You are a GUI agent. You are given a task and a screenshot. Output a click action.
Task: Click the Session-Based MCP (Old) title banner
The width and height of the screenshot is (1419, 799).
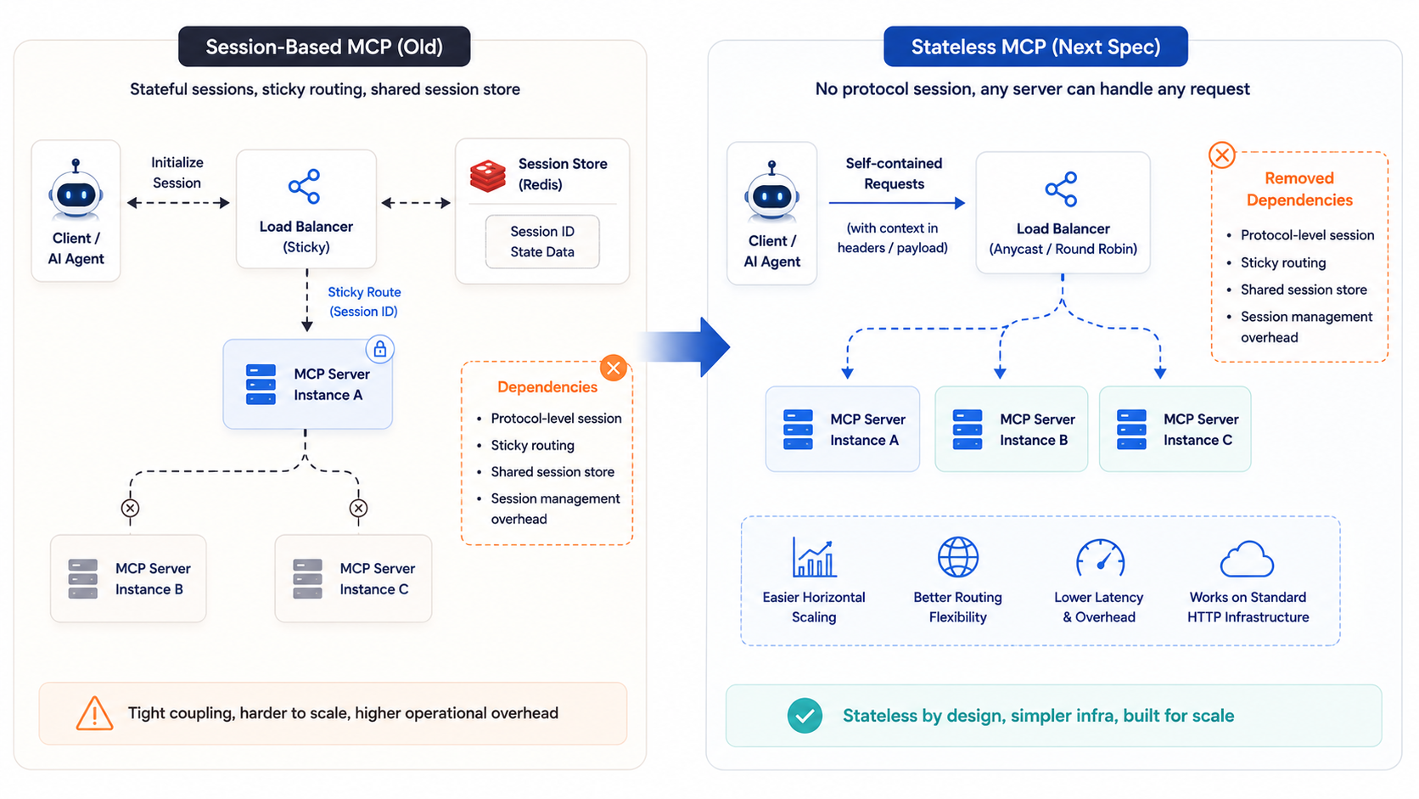(324, 46)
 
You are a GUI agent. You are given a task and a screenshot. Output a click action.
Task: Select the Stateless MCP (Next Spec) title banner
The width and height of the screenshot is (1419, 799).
(1035, 46)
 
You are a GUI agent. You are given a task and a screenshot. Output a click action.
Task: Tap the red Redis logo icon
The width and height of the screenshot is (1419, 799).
(488, 176)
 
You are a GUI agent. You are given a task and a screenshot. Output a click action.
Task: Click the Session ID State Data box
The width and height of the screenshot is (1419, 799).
(542, 241)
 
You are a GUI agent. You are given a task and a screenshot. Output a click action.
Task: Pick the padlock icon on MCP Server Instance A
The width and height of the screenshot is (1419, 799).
(380, 348)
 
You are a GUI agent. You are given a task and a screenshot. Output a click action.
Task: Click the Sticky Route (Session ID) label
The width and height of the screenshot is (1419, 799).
(364, 301)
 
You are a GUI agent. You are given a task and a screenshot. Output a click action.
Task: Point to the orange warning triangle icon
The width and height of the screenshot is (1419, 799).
(94, 714)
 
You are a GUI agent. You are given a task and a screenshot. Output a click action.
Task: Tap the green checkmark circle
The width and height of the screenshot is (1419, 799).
(805, 716)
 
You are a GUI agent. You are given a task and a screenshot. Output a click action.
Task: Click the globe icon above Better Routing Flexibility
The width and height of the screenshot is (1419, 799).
(958, 557)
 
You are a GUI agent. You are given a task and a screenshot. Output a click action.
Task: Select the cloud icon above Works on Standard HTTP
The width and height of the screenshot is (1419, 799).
(1247, 559)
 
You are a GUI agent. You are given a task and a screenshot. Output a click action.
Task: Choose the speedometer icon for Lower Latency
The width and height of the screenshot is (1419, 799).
(1101, 558)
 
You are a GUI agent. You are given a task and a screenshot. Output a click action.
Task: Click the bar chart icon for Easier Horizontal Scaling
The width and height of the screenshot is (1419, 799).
(814, 557)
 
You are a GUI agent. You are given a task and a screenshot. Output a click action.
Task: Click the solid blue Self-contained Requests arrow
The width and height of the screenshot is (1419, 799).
(897, 203)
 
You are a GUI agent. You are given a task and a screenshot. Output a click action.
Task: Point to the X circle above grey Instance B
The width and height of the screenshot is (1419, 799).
(131, 508)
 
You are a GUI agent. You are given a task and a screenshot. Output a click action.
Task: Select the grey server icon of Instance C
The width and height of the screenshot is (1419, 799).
(308, 578)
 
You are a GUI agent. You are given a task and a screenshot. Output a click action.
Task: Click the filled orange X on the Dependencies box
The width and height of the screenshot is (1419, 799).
(614, 369)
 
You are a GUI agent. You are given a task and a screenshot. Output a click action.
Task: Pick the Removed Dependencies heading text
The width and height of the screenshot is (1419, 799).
(1299, 189)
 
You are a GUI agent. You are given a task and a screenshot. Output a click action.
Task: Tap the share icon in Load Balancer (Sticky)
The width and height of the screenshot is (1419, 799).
(305, 186)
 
